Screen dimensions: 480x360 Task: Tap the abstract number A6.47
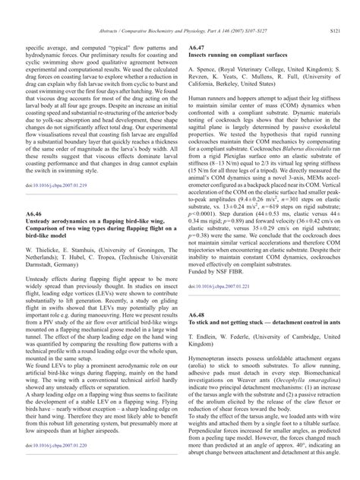pyautogui.click(x=196, y=47)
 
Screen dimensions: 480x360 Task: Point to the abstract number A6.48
pyautogui.click(x=196, y=315)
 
